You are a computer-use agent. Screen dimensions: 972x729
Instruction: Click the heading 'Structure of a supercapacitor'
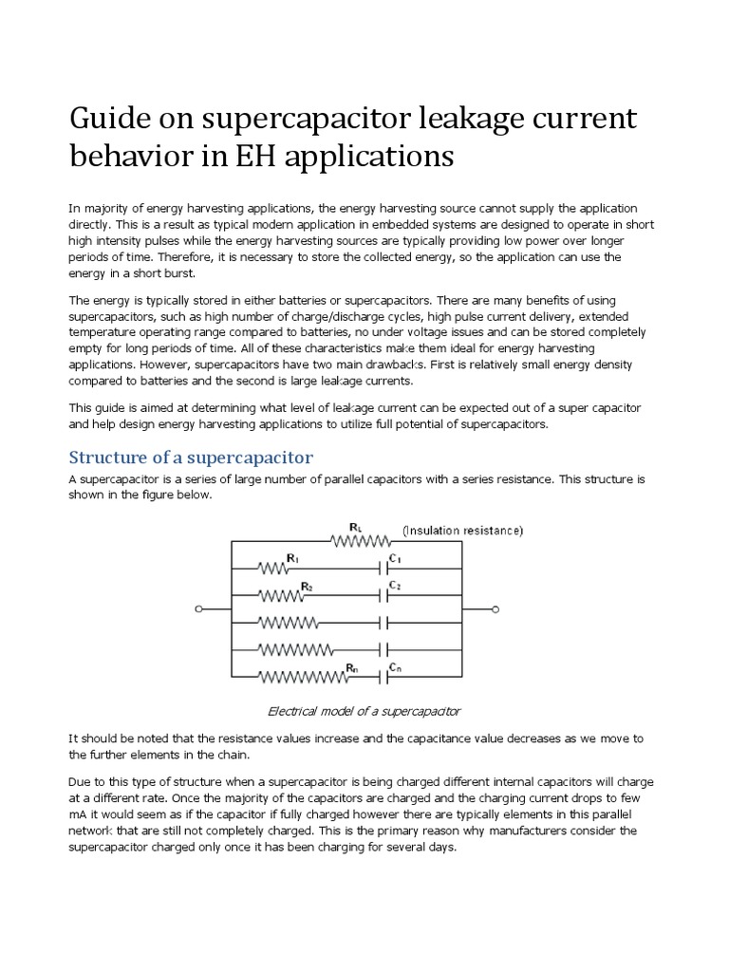point(191,458)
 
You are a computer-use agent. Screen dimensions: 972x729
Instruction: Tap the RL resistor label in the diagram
point(355,526)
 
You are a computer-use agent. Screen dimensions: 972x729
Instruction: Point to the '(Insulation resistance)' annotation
point(462,530)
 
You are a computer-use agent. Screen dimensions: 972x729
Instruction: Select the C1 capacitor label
point(395,559)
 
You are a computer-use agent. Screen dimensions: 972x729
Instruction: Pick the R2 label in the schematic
point(307,587)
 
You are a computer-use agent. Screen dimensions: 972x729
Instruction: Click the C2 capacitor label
point(395,587)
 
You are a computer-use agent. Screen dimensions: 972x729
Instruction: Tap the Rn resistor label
point(352,667)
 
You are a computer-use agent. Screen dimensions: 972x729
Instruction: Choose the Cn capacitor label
point(395,668)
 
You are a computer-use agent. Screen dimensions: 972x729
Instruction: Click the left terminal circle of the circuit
point(198,609)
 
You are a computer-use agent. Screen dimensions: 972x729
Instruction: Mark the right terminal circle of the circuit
point(493,609)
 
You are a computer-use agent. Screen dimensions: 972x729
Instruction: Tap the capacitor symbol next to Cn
point(383,678)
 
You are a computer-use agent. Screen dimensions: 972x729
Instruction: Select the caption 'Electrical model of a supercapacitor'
point(364,711)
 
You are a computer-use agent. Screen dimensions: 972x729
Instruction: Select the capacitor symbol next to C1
point(383,569)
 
